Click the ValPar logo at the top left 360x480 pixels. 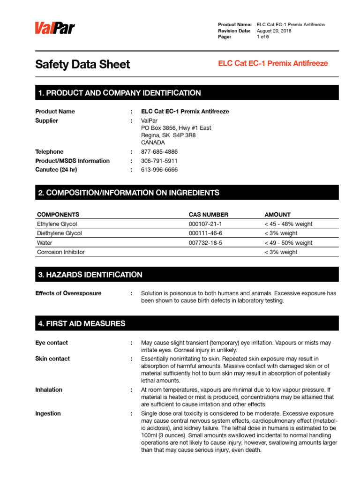click(55, 29)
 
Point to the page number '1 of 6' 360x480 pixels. click(263, 37)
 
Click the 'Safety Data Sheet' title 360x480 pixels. click(82, 64)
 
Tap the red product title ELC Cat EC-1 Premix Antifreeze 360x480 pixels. click(273, 63)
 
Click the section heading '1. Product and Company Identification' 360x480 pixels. click(120, 93)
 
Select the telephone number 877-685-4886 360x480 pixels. click(159, 152)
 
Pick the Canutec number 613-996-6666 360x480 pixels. click(159, 170)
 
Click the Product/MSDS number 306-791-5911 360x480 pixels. click(159, 161)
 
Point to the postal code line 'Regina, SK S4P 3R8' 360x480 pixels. click(168, 135)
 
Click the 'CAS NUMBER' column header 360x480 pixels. click(208, 214)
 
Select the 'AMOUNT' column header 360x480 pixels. click(277, 214)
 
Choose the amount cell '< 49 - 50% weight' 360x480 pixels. click(288, 243)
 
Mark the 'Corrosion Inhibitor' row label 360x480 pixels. click(60, 252)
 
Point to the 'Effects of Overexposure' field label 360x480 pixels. click(68, 293)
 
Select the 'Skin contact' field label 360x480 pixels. click(52, 359)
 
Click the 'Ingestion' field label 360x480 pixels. click(48, 413)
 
